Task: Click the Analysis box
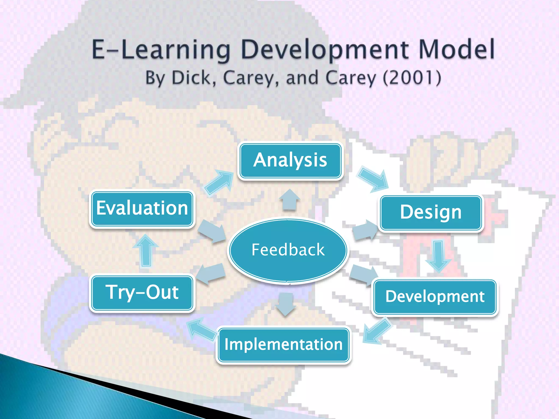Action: [x=290, y=160]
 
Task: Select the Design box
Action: [x=431, y=213]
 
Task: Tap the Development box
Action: [x=435, y=297]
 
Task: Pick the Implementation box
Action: [x=284, y=345]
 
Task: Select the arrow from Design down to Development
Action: [x=438, y=256]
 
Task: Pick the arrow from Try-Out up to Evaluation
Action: [x=146, y=251]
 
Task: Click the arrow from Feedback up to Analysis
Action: [x=290, y=200]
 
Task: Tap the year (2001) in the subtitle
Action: [x=412, y=78]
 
